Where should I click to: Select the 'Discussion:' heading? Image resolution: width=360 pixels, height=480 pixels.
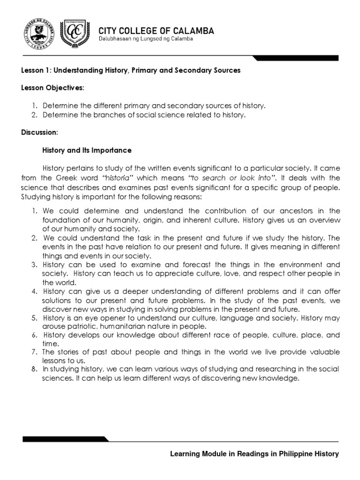click(x=39, y=133)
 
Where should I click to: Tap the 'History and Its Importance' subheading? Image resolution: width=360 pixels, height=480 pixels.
click(x=87, y=150)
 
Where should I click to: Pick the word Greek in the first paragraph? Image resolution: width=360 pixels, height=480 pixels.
click(x=67, y=178)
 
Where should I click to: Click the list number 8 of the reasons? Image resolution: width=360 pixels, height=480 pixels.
click(x=34, y=369)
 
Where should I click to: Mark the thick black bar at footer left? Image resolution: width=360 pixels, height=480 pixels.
click(x=66, y=439)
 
